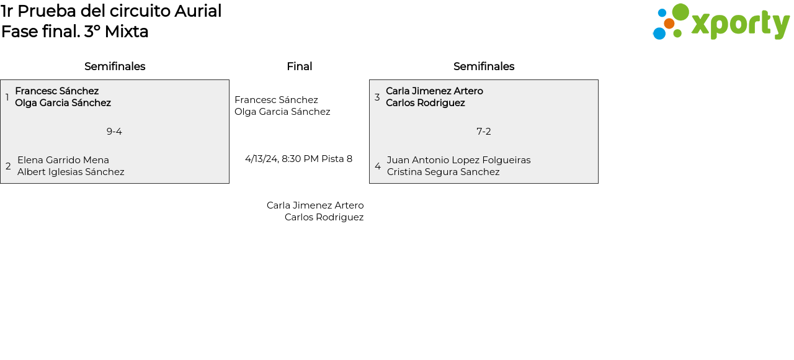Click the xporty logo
click(x=721, y=22)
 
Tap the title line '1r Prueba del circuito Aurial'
click(x=111, y=11)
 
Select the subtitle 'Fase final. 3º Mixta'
click(x=75, y=32)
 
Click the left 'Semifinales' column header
click(x=115, y=66)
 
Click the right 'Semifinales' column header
click(x=484, y=66)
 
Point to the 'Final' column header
click(x=299, y=66)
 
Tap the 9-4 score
click(x=114, y=132)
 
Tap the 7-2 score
click(x=484, y=132)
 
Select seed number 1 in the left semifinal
click(x=7, y=97)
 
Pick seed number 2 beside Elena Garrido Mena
click(x=8, y=166)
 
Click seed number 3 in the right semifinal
click(x=377, y=97)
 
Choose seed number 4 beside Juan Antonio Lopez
click(x=378, y=166)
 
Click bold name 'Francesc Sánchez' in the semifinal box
click(x=57, y=91)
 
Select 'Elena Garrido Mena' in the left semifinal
click(x=63, y=160)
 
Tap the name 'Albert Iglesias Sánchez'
click(x=71, y=172)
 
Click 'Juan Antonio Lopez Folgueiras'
click(x=459, y=160)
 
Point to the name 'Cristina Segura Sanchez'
click(x=444, y=172)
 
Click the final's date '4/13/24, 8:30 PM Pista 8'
click(x=298, y=159)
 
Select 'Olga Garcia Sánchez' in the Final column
click(x=282, y=112)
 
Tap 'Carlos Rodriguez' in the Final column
click(x=324, y=217)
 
